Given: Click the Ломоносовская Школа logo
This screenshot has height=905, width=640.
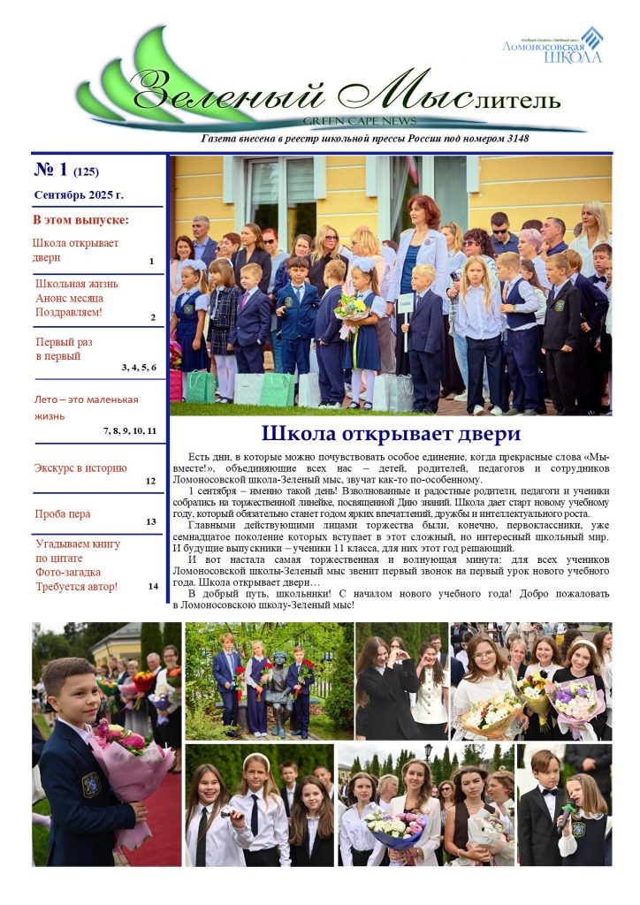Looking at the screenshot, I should pos(552,45).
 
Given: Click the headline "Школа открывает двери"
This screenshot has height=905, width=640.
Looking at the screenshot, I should pos(391,434).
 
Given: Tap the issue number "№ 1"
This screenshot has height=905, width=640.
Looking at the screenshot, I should pos(51,169).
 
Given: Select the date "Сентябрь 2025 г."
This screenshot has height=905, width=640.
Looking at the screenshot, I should pos(79,194).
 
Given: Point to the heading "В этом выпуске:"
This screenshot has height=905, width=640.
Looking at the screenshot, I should pos(80,219).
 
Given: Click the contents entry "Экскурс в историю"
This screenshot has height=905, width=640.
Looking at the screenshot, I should pos(80,468).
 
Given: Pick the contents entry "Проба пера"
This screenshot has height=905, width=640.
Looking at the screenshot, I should pos(63,513).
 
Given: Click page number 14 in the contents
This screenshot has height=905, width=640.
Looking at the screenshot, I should pos(153,586).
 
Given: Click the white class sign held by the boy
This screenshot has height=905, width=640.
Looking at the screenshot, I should pos(406,303).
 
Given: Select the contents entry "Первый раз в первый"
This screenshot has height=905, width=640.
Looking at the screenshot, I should pos(64,349).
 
